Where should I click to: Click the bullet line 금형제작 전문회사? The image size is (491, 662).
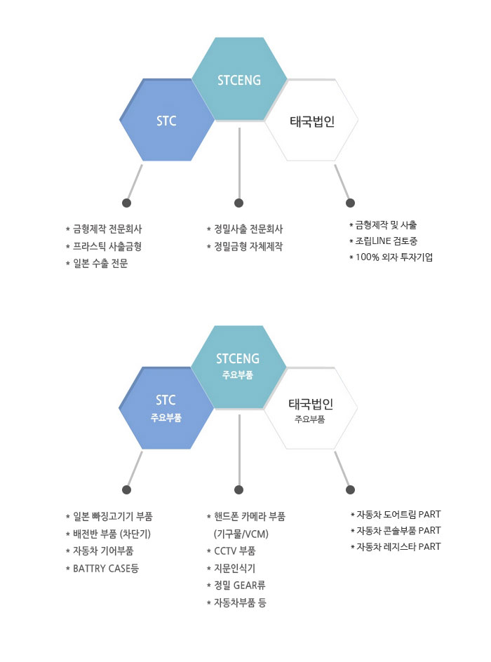coord(104,229)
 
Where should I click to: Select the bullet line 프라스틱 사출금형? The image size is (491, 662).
coord(103,247)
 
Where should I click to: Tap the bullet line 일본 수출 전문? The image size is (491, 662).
coord(97,264)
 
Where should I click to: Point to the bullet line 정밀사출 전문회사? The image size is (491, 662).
coord(245,229)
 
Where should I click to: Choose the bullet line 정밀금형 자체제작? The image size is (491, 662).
coord(245,247)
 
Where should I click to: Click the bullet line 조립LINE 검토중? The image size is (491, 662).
coord(384,241)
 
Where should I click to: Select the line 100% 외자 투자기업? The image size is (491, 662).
coord(391,257)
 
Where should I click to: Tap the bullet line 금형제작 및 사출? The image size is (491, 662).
coord(383,225)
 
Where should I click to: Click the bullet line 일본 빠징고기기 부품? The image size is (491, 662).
coord(109,516)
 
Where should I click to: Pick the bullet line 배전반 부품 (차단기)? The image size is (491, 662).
coord(108,534)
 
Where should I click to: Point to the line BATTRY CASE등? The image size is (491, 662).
coord(102,569)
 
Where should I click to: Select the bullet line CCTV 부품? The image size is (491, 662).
coord(231,551)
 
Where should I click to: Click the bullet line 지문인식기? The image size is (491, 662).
coord(231,569)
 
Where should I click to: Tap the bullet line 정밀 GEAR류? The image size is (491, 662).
coord(236,586)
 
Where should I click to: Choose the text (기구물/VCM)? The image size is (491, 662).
coord(241,534)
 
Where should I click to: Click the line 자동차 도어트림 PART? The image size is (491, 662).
coord(396,515)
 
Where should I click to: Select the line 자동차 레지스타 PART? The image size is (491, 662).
coord(396,547)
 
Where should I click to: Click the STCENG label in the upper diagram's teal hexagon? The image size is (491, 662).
coord(239,80)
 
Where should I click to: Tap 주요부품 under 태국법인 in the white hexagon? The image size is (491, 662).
coord(310,419)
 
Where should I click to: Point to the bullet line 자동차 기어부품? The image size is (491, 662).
coord(100,551)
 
